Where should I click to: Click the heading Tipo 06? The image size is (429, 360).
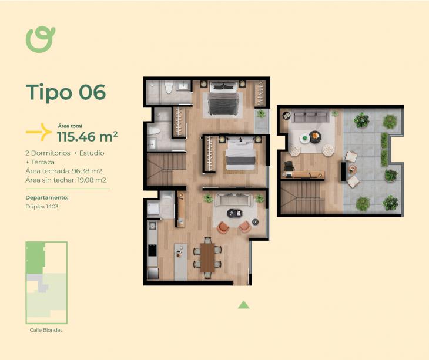[66, 92]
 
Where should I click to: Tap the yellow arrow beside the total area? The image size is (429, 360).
[39, 132]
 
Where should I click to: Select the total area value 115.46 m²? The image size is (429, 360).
[88, 137]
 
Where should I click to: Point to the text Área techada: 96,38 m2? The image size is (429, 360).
[63, 171]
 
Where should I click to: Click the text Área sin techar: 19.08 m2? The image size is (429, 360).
[66, 180]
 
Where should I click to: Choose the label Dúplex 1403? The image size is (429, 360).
[42, 207]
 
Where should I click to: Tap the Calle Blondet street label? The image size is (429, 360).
[46, 330]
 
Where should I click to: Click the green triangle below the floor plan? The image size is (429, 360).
[243, 305]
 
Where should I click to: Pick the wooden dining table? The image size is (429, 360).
[207, 258]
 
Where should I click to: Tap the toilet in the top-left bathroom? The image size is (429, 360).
[169, 88]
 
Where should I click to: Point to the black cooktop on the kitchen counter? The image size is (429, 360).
[153, 250]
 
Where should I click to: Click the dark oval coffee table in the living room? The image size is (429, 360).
[234, 213]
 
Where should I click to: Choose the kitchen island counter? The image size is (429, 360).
[180, 261]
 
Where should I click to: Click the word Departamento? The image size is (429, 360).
[47, 198]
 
